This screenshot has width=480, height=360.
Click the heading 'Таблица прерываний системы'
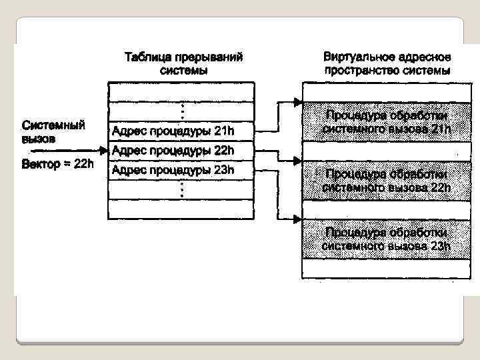point(183,63)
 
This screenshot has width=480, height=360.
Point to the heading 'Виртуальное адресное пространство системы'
point(387,63)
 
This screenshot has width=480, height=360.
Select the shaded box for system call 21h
point(387,121)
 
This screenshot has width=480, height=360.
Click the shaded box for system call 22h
point(387,180)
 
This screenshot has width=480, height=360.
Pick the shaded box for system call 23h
point(387,239)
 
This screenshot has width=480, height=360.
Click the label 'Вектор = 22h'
point(57,164)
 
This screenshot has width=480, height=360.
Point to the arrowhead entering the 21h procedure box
point(298,102)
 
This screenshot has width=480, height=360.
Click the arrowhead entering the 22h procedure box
point(298,161)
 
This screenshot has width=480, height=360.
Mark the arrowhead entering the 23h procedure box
point(298,219)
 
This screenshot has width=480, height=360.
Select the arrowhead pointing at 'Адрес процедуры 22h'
point(103,150)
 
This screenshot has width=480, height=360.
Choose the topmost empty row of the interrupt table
point(181,91)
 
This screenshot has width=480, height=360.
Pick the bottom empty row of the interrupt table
point(181,209)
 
